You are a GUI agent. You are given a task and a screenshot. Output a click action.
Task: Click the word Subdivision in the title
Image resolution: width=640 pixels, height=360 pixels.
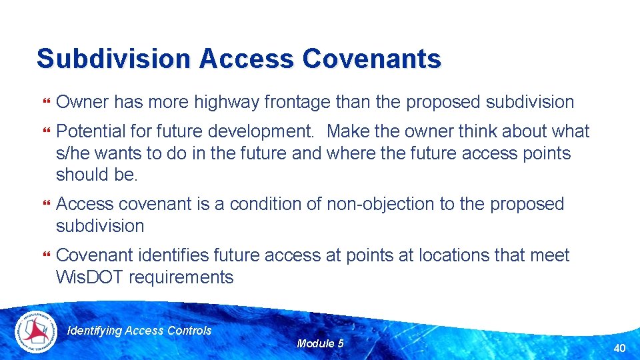[x=113, y=59]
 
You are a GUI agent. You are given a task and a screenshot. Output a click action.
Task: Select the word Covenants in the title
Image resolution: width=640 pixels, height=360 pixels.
[x=371, y=59]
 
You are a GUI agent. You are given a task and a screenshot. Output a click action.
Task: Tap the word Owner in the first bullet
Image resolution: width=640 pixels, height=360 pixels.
[x=83, y=102]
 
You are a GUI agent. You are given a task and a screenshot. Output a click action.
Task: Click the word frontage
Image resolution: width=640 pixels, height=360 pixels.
[x=297, y=102]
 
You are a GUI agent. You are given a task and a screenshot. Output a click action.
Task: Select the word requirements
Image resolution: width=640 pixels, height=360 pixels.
[x=181, y=277]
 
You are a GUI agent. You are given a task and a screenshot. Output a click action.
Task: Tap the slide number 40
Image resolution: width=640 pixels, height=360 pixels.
[x=619, y=347]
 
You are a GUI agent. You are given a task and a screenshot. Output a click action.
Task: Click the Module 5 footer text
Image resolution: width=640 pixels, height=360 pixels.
[x=320, y=343]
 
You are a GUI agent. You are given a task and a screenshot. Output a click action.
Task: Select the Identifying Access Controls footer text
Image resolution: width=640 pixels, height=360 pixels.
[x=140, y=331]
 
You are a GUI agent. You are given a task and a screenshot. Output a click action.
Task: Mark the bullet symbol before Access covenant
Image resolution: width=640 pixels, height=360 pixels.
[x=46, y=205]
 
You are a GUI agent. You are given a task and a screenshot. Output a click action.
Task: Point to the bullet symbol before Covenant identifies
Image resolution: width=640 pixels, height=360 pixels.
[x=46, y=256]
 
